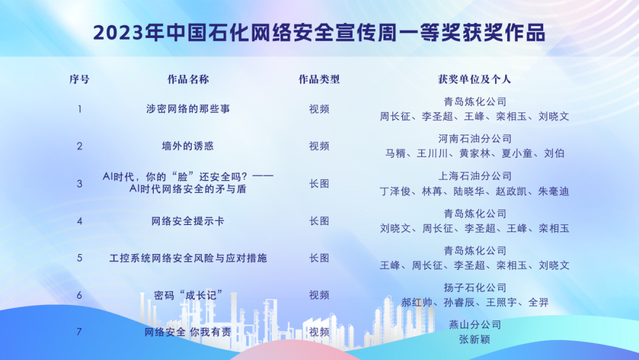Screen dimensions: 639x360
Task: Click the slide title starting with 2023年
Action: [319, 33]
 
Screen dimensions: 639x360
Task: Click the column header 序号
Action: [79, 79]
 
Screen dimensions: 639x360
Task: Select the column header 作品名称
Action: [188, 79]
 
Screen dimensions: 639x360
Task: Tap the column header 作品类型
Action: [319, 79]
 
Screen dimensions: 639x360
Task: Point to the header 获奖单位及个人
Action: [475, 79]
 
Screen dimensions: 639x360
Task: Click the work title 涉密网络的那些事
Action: [188, 109]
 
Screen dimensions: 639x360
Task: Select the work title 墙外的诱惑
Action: [188, 146]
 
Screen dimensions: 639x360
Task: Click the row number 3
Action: [79, 184]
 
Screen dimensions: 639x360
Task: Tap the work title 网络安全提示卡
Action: [188, 221]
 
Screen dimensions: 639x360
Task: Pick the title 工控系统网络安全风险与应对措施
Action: [188, 258]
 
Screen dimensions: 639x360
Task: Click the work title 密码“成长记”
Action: [188, 295]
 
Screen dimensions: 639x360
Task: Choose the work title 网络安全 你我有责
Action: [188, 332]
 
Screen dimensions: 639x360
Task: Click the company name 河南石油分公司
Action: [475, 139]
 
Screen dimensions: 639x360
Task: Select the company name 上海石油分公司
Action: [475, 176]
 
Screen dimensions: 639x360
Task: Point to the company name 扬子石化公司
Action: [475, 287]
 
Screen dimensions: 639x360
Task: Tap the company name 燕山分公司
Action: [475, 324]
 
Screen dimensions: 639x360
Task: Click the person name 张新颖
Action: [475, 339]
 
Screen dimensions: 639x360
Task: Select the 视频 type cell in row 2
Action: [319, 146]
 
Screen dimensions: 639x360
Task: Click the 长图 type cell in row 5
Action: [319, 258]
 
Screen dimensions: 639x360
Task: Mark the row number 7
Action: [79, 332]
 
